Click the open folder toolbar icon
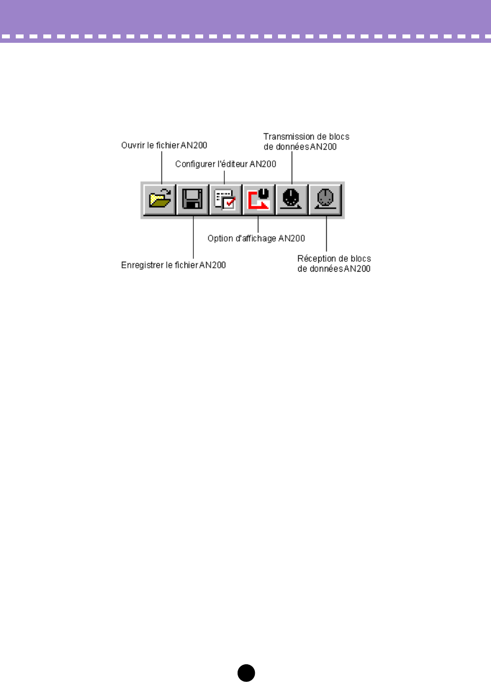point(160,199)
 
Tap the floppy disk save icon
point(192,199)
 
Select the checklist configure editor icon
point(225,199)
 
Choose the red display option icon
point(259,199)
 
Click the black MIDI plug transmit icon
point(292,199)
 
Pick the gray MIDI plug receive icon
point(325,199)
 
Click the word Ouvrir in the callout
point(133,145)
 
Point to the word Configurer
point(195,164)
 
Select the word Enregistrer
point(142,265)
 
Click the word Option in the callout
point(220,238)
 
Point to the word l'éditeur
point(232,164)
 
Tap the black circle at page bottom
point(246,673)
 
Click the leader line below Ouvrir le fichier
point(162,167)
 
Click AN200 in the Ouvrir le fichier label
point(194,145)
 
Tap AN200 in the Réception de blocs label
point(357,269)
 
